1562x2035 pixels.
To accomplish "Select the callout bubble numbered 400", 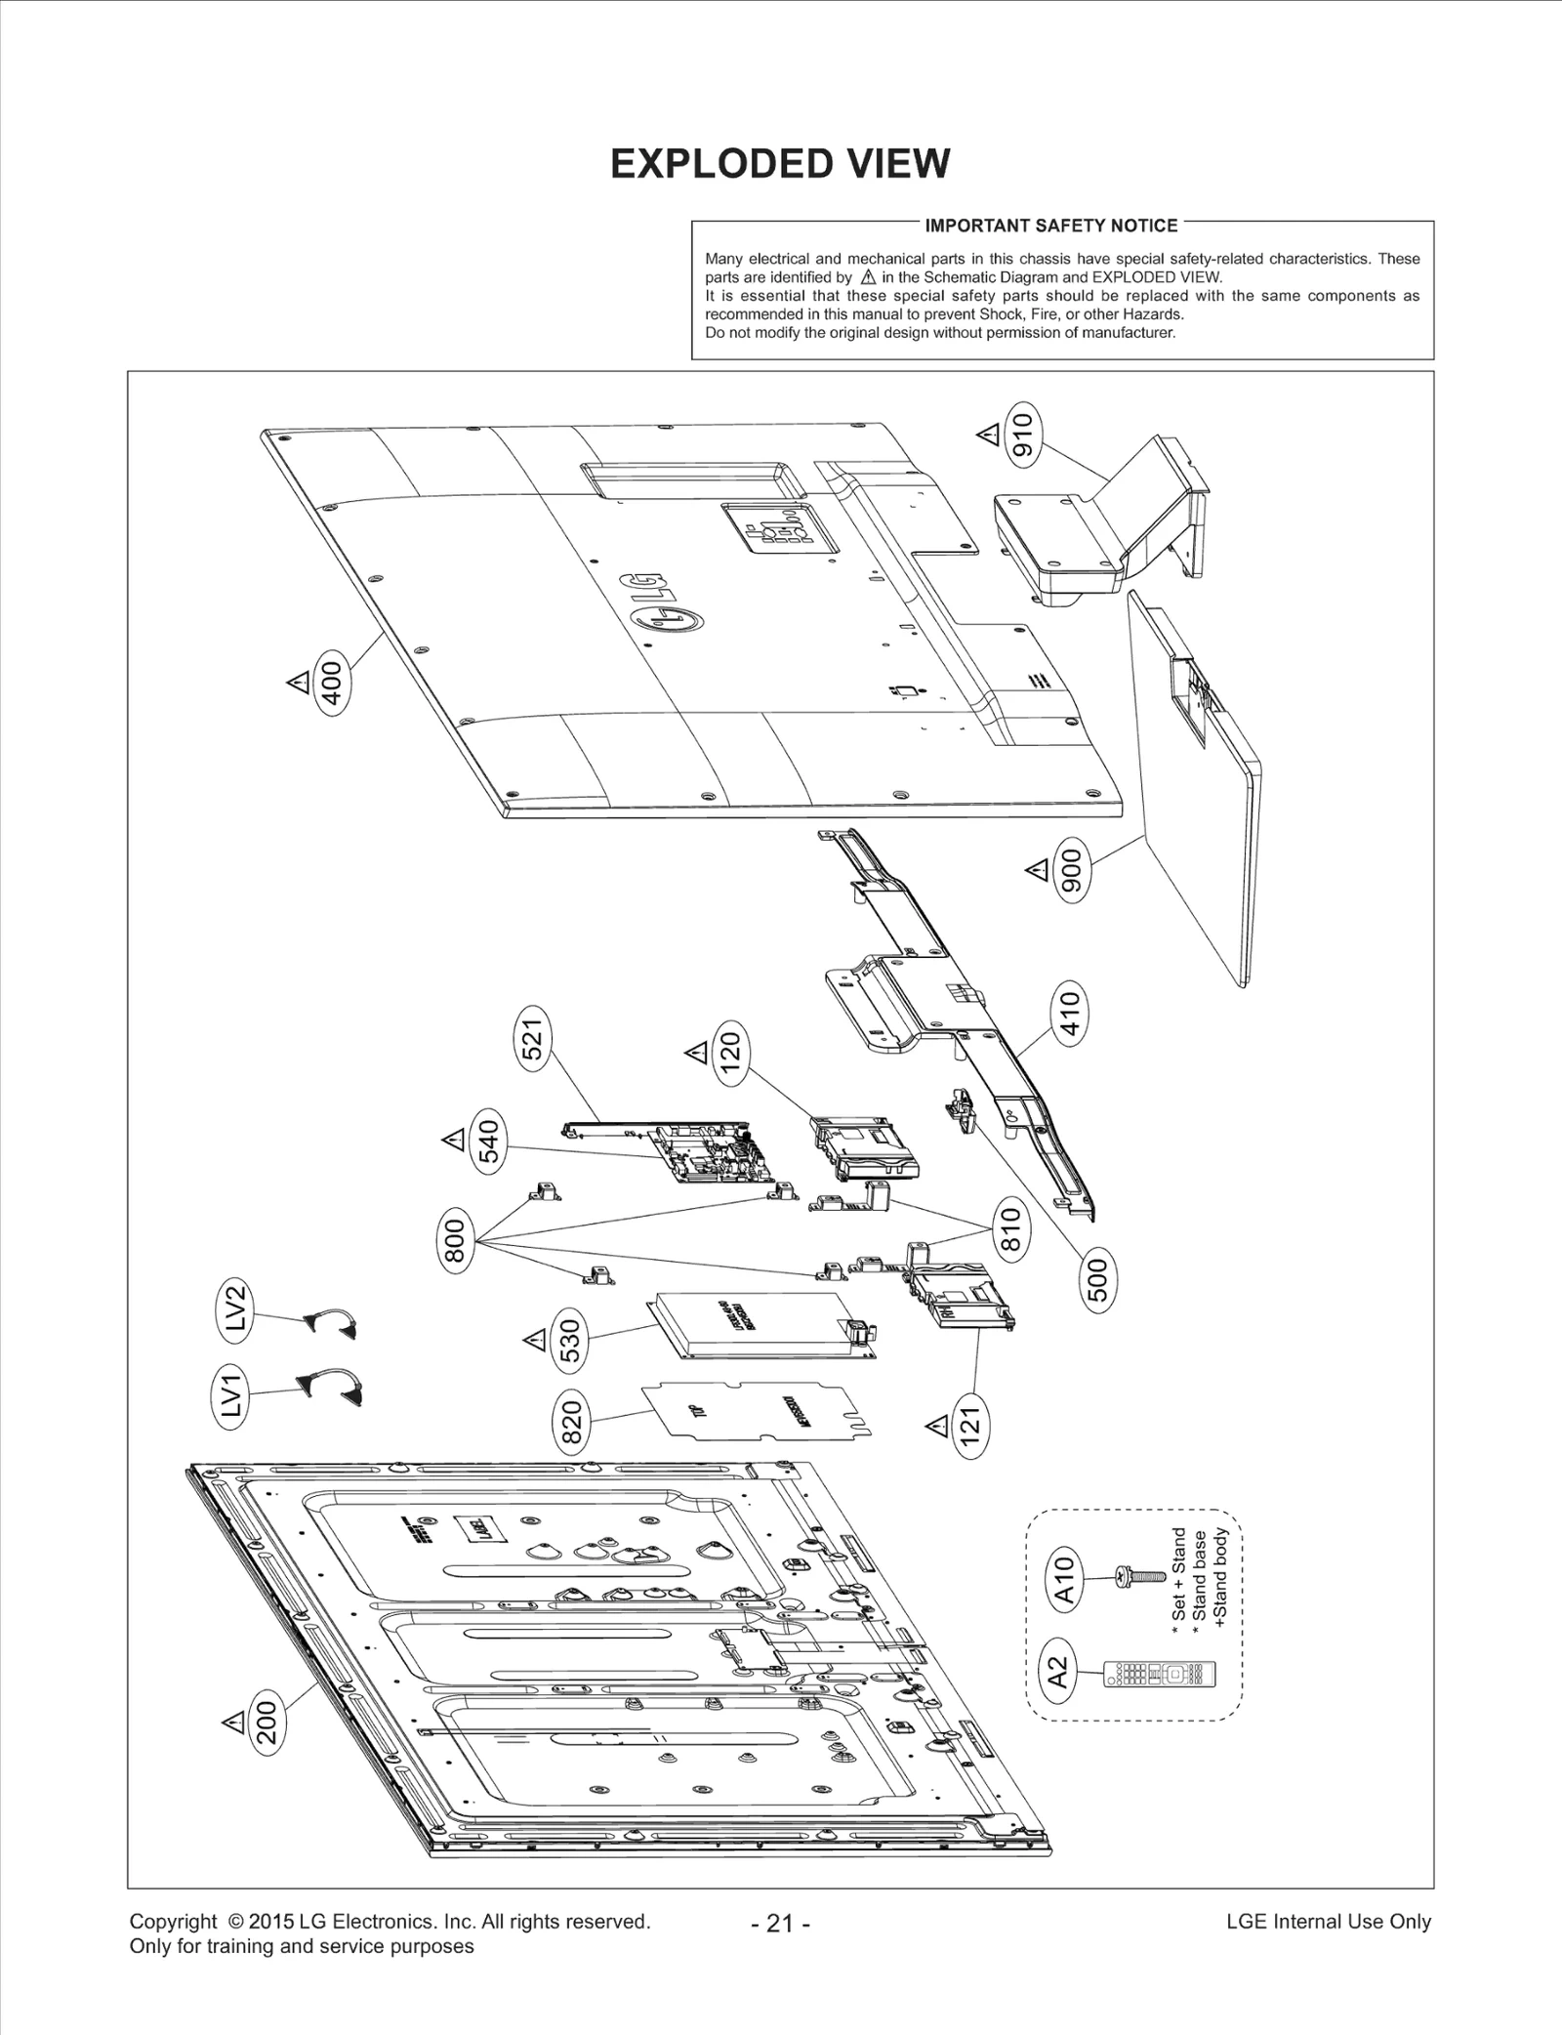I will tap(332, 683).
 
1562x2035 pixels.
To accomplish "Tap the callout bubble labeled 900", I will tap(1072, 870).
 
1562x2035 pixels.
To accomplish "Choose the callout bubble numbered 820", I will tap(572, 1422).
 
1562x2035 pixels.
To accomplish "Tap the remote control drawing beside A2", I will tap(1160, 1674).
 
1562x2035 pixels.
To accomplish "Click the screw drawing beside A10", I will tap(1141, 1575).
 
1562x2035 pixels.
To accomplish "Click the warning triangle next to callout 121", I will tap(937, 1428).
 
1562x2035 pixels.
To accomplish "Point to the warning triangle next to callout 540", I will tap(452, 1140).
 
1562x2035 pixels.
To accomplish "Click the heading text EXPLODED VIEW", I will tap(779, 164).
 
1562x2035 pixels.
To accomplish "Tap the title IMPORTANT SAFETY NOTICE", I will tap(1050, 226).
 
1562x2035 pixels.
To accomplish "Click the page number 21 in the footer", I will tap(780, 1924).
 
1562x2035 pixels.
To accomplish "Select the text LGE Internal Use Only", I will tap(1328, 1922).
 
